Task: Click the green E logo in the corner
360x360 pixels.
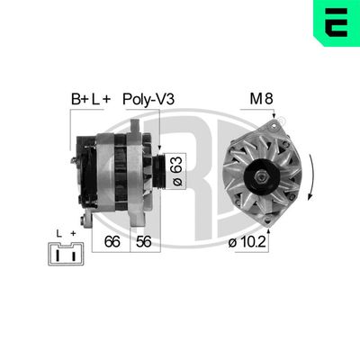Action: (x=336, y=23)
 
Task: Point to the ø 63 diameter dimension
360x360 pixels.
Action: (x=177, y=166)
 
